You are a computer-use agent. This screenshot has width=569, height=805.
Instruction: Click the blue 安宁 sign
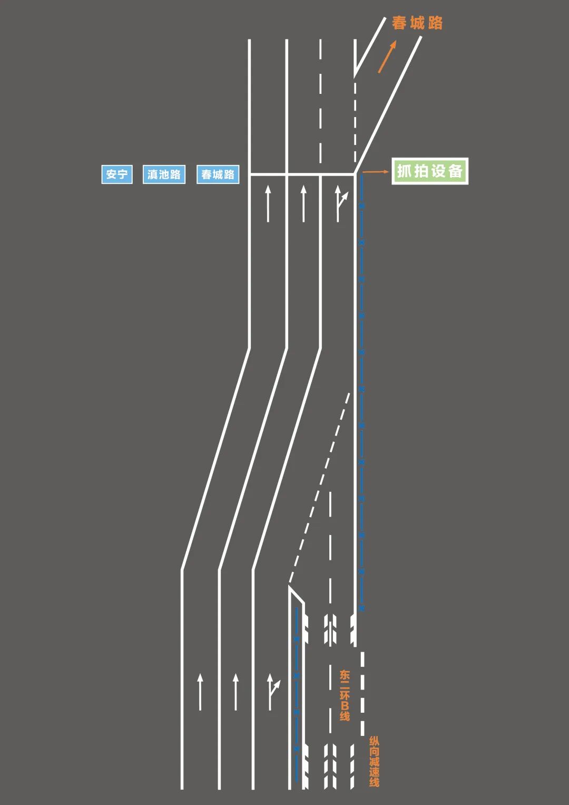coord(116,174)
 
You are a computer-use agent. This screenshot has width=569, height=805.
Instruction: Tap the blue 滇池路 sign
coord(164,174)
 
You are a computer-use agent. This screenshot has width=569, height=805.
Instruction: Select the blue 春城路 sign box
coord(218,174)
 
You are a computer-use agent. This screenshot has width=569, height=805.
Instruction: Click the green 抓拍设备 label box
coord(430,171)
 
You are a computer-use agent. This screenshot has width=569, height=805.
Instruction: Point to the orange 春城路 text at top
coord(417,23)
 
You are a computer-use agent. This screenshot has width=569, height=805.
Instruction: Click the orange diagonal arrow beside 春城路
coord(387,57)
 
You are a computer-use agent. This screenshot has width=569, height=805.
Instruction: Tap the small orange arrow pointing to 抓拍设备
coord(376,172)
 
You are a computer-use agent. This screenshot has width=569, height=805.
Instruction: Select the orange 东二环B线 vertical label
coord(345,695)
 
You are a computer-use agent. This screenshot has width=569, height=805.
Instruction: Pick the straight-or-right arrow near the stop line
coord(340,203)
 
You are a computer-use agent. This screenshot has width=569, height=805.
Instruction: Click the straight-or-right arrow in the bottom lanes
coord(272,691)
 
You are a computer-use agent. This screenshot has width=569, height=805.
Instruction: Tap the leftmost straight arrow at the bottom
coord(200,691)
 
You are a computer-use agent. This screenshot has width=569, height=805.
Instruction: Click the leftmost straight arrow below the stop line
coord(268,203)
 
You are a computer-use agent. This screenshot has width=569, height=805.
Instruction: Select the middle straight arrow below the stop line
coord(303,203)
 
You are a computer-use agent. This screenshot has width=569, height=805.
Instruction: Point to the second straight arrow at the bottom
coord(236,691)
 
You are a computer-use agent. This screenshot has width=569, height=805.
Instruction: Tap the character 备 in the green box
coord(455,171)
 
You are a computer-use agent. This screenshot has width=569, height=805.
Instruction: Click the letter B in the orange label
coord(345,705)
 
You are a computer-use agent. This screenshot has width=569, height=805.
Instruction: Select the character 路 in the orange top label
coord(435,23)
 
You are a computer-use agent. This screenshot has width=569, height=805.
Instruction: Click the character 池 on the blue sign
coord(164,174)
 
